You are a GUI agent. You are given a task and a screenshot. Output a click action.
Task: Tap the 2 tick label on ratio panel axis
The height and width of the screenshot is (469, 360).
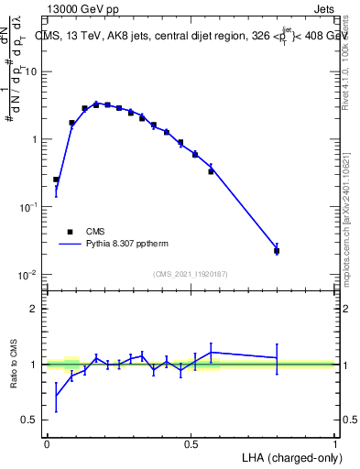(x=35, y=309)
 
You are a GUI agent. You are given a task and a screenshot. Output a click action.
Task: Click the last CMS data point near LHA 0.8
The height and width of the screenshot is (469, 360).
(x=277, y=250)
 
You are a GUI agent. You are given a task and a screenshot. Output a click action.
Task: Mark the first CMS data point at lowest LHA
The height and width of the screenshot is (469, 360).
(x=56, y=180)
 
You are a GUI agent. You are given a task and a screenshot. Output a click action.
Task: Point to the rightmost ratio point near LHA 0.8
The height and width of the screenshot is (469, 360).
(x=277, y=357)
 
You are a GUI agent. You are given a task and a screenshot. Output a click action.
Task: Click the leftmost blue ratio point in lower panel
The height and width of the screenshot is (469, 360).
(x=56, y=396)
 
